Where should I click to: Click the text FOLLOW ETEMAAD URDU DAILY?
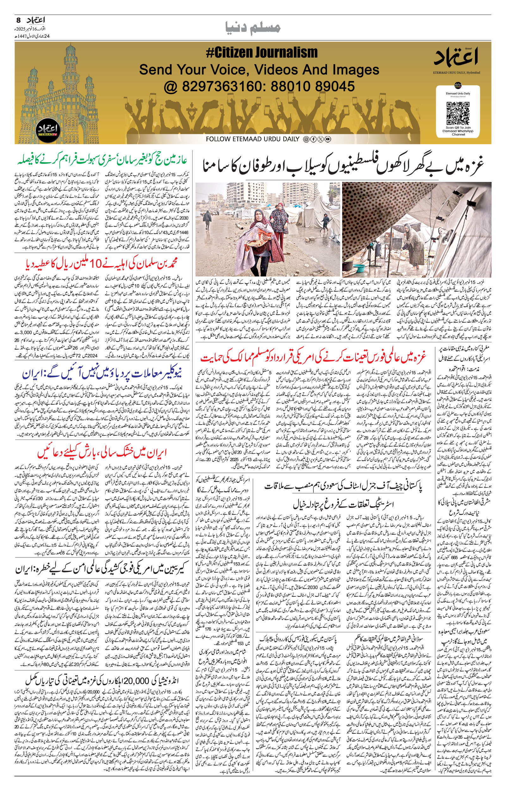pos(252,139)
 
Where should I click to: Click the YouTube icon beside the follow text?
pos(328,139)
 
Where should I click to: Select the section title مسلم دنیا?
pos(253,28)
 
